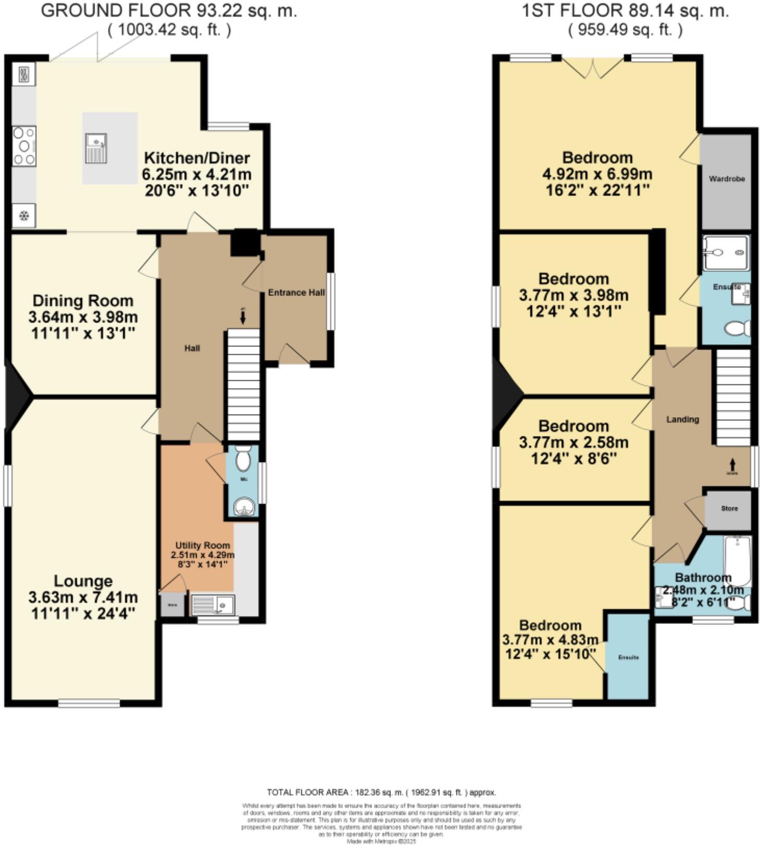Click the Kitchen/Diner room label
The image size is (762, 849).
coord(197,158)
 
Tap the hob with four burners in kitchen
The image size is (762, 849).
coord(24,146)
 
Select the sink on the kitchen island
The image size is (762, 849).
coord(97,148)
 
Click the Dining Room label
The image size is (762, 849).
coord(83,301)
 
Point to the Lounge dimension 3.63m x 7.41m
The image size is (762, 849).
coord(83,597)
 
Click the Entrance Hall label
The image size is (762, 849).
coord(296,292)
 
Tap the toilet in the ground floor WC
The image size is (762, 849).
coord(243,459)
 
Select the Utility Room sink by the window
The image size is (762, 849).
coord(213,606)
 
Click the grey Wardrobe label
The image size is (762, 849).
coord(727,179)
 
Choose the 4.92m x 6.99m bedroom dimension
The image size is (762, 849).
coord(597,174)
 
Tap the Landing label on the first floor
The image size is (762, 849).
coord(682,419)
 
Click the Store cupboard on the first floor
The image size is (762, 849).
coord(729,508)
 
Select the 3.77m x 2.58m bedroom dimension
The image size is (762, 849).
coord(574,443)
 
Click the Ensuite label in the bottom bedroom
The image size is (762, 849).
coord(628,658)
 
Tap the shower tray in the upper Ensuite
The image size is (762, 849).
coord(727,253)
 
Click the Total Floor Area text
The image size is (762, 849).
coord(381,793)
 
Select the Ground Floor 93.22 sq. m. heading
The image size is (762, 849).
coord(169,11)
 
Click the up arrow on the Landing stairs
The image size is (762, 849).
coord(732,463)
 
